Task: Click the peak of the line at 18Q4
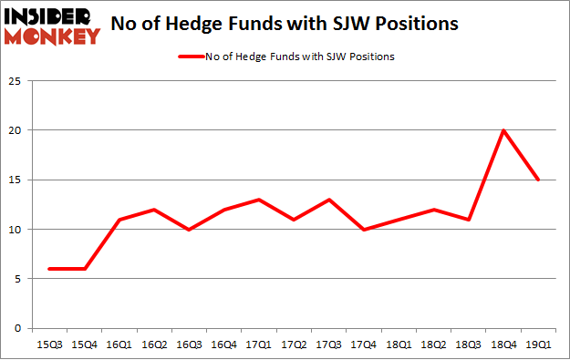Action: click(x=503, y=130)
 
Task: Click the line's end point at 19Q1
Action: click(x=538, y=180)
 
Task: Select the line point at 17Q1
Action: click(x=258, y=200)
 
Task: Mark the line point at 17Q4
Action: click(x=363, y=229)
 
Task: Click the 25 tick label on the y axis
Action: click(x=16, y=81)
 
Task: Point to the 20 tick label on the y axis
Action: click(x=16, y=130)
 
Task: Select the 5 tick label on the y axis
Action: click(x=18, y=279)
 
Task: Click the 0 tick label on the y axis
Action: click(x=18, y=328)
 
